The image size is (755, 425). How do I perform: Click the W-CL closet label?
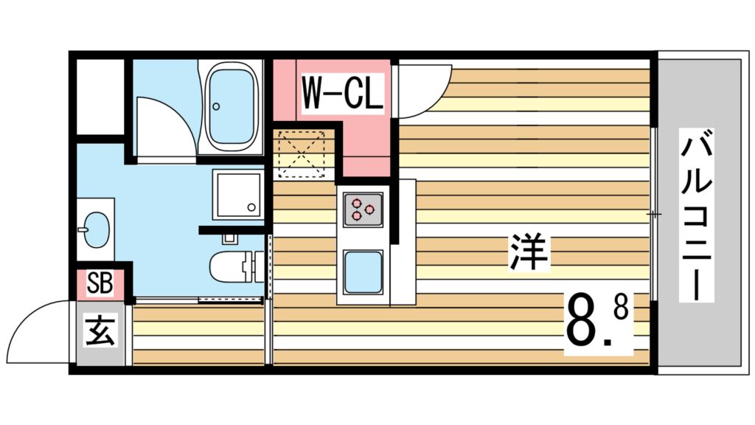tap(342, 92)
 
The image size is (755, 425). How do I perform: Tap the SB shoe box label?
tap(100, 283)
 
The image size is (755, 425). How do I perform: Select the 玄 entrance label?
tap(100, 331)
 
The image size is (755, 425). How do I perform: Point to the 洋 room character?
tap(528, 252)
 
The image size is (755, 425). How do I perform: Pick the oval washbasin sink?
tap(97, 229)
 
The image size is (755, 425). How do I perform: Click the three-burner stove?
tap(363, 210)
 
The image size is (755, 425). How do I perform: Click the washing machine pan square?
tap(238, 194)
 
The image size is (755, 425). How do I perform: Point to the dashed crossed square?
tap(302, 153)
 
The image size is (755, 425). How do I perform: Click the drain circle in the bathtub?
tap(216, 106)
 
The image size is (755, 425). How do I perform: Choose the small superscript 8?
tap(621, 308)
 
